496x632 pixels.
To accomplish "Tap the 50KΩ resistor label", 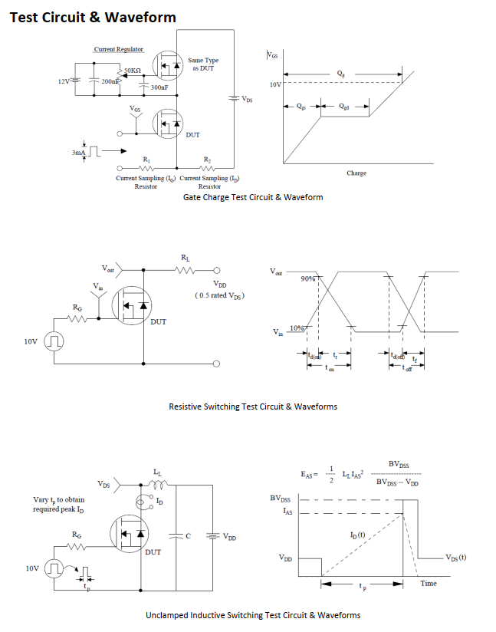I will click(x=133, y=71).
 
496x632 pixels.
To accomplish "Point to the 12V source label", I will click(x=64, y=80).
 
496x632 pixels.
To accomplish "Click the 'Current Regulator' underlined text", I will click(x=119, y=50).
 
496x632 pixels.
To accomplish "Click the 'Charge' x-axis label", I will click(x=356, y=173).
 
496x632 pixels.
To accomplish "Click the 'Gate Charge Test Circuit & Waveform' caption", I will click(x=253, y=197).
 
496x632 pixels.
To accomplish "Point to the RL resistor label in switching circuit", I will click(x=186, y=258).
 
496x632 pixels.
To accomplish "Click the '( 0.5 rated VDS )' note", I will click(x=220, y=295).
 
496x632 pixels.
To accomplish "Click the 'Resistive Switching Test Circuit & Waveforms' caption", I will click(x=253, y=407).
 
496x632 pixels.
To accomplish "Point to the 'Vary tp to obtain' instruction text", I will click(x=59, y=499).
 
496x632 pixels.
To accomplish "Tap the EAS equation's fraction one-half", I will click(x=331, y=476).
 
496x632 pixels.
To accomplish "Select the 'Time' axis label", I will click(x=429, y=584).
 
